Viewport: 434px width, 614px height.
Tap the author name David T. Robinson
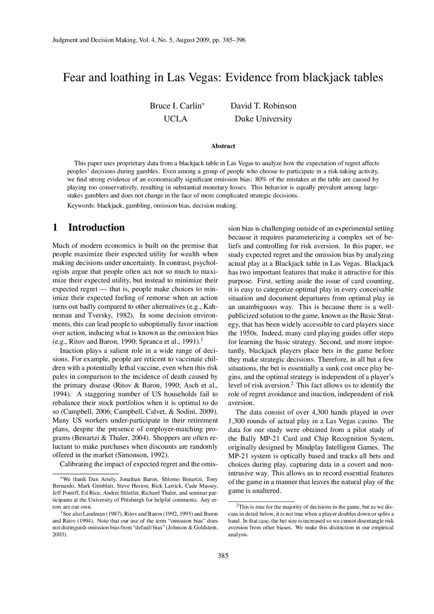pyautogui.click(x=263, y=106)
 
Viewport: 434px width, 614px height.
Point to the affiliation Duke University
pyautogui.click(x=263, y=119)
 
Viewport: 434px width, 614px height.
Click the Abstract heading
pyautogui.click(x=223, y=146)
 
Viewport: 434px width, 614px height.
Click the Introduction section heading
pyautogui.click(x=96, y=227)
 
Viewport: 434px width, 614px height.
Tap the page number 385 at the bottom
pyautogui.click(x=223, y=556)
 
